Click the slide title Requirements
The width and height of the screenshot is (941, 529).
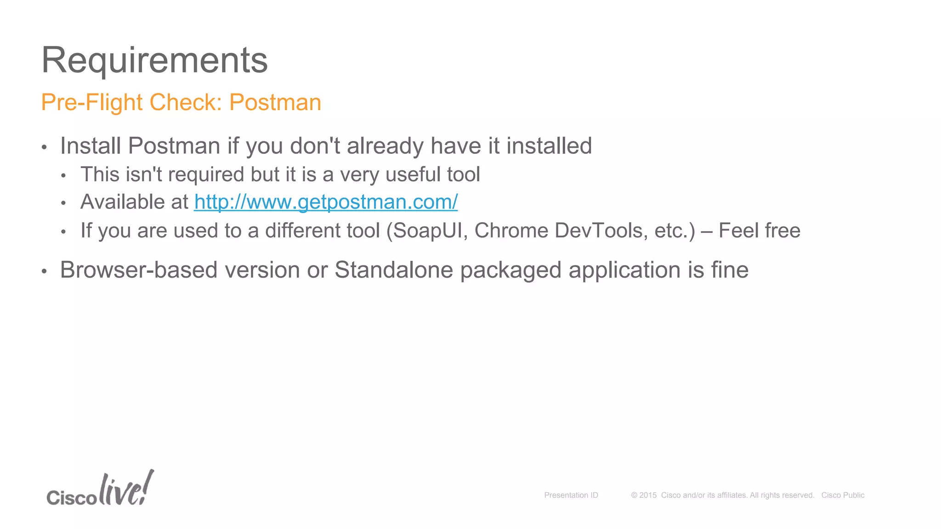tap(154, 60)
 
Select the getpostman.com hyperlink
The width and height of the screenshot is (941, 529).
tap(326, 202)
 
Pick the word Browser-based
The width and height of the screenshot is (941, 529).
tap(139, 270)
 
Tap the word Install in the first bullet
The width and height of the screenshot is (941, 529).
tap(91, 146)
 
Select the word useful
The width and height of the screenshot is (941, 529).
tap(414, 174)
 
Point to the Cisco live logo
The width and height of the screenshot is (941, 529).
tap(100, 490)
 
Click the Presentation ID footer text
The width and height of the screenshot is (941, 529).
tap(571, 495)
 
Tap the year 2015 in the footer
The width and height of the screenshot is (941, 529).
tap(648, 495)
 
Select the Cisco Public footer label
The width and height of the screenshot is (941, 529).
tap(843, 495)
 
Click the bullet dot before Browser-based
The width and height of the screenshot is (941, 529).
tap(44, 271)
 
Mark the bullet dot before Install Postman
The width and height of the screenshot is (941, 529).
tap(44, 147)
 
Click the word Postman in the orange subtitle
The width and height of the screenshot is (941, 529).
tap(275, 102)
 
